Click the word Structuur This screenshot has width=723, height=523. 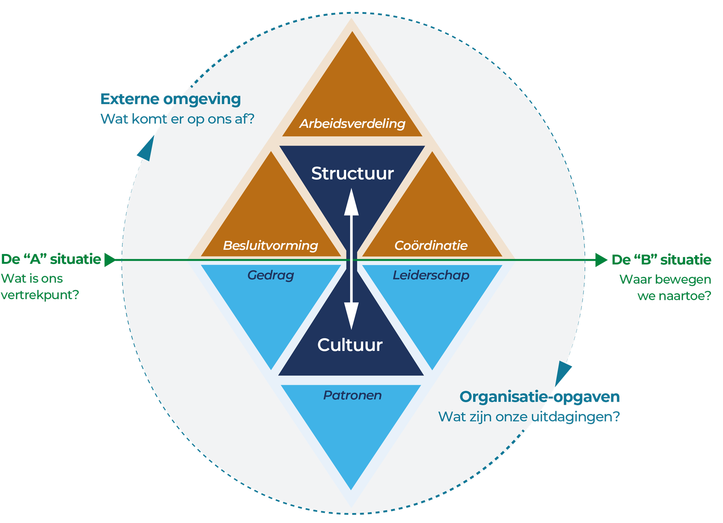point(352,173)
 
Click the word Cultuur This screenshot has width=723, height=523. point(350,345)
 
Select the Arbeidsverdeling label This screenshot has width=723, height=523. point(352,124)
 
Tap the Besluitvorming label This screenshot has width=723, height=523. point(270,245)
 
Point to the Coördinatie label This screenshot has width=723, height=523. point(431,245)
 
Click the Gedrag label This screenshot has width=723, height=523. point(270,275)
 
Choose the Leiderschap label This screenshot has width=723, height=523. point(431,275)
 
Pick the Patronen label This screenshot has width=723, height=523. point(352,395)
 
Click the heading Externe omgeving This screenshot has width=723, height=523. point(170,99)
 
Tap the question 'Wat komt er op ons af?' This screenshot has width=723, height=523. point(177,119)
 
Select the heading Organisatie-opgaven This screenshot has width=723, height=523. point(539,396)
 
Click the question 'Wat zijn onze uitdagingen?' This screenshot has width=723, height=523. point(529,417)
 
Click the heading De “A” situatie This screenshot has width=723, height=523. point(51,259)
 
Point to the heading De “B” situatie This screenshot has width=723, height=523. point(661,260)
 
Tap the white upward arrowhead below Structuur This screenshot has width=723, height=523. point(351,203)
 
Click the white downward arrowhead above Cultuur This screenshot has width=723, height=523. point(351,315)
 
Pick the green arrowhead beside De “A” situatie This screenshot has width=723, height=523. point(110,260)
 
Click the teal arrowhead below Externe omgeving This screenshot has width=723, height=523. point(147,150)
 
